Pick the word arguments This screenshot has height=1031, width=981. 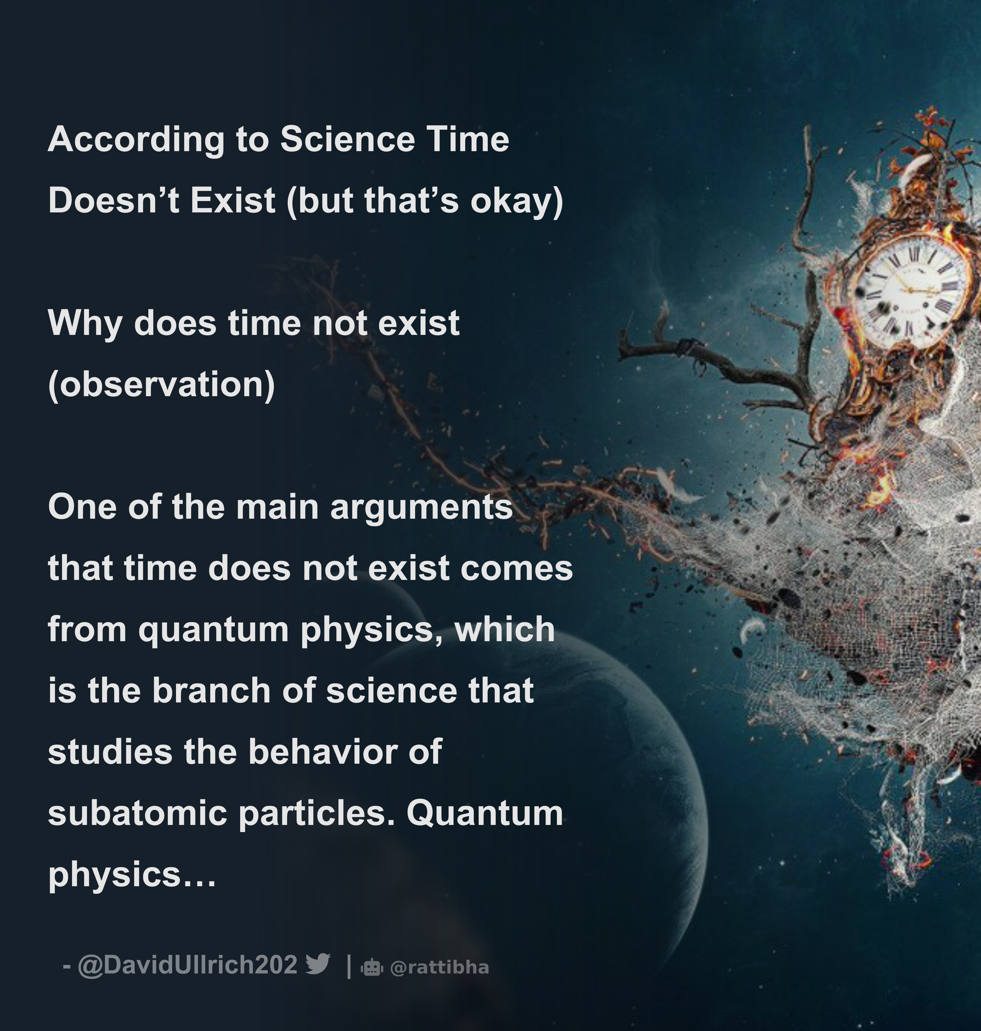(421, 508)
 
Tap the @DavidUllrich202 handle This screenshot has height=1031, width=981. (187, 964)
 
